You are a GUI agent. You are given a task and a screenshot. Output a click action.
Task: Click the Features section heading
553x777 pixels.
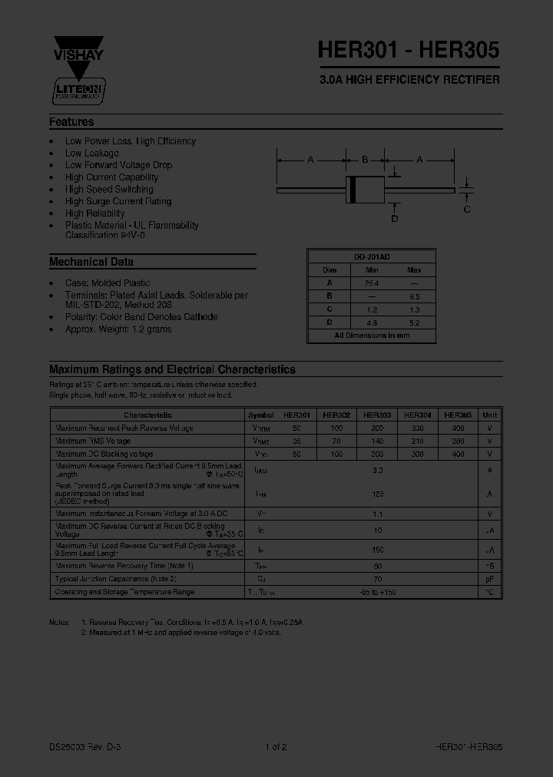point(71,122)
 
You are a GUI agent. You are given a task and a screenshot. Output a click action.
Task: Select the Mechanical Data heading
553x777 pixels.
point(91,262)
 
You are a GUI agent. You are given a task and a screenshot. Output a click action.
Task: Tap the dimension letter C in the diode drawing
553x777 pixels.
point(466,209)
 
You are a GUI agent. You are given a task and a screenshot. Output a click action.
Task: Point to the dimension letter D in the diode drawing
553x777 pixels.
point(395,219)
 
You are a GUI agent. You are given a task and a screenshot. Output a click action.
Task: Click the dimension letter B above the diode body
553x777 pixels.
point(365,160)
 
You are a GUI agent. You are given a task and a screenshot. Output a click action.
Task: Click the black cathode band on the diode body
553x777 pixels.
point(353,189)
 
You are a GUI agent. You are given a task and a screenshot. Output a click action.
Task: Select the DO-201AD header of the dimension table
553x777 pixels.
point(372,257)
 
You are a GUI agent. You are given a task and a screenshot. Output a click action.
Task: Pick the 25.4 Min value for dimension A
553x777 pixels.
point(372,283)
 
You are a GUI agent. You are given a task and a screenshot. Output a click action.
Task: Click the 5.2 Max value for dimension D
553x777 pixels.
point(414,322)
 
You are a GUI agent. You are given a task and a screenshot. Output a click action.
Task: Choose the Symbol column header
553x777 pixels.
point(261,415)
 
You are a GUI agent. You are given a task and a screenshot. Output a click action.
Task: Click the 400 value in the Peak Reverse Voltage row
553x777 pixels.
point(459,428)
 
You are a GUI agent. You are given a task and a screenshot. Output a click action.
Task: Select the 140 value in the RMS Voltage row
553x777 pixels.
point(377,441)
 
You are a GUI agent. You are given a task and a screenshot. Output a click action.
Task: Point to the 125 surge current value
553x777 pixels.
point(377,494)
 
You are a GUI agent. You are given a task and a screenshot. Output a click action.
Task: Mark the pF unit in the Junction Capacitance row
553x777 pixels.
point(489,579)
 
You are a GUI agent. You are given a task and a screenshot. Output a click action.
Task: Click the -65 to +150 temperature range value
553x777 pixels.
point(377,592)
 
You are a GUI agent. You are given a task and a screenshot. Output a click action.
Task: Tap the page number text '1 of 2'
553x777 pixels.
point(276,747)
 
